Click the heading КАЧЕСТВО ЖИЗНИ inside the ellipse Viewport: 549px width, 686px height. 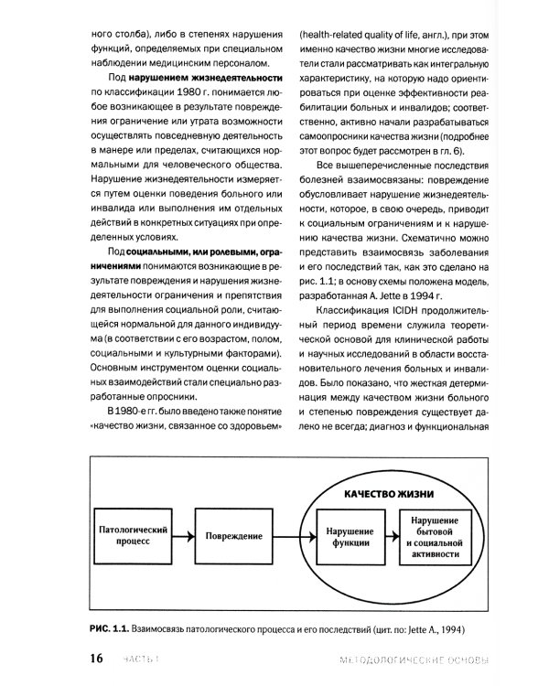click(x=388, y=493)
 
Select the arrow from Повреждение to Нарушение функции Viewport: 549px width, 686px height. click(x=293, y=537)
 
